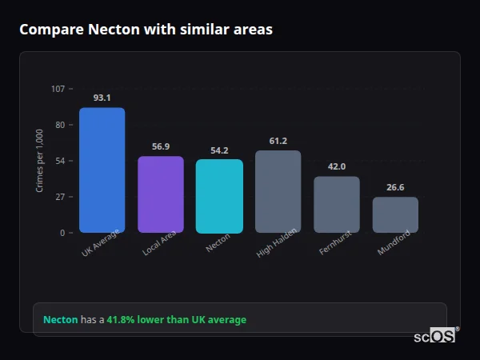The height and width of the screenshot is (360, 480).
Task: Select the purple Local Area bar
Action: coord(161,194)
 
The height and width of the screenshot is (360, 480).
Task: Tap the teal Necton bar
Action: coord(219,196)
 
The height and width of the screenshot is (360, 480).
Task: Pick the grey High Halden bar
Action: coord(278,191)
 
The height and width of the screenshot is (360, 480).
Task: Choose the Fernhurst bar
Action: coord(337,204)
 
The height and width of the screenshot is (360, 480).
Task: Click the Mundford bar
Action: coord(395,214)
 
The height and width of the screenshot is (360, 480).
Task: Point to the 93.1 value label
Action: coord(102,98)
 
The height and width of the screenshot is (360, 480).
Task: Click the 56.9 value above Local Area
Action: coord(161,146)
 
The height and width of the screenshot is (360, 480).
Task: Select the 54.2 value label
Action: coord(219,150)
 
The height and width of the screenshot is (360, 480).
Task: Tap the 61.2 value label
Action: coord(278,141)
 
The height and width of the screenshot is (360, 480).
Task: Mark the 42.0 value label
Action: coord(337,166)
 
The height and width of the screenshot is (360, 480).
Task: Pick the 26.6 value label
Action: coord(395,187)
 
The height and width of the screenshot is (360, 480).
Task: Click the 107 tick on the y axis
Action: coord(58,89)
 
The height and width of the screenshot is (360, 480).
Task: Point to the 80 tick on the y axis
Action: coord(60,125)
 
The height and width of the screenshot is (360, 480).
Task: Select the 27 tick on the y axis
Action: coord(60,197)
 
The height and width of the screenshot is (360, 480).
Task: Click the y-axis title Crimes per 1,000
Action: coord(39,161)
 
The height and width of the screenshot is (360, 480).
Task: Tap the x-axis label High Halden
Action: coord(278,242)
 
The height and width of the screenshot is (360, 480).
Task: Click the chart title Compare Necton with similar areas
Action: coord(146,30)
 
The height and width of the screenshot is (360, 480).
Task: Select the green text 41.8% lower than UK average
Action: coord(176,320)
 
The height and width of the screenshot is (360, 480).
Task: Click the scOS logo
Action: coord(435,336)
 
